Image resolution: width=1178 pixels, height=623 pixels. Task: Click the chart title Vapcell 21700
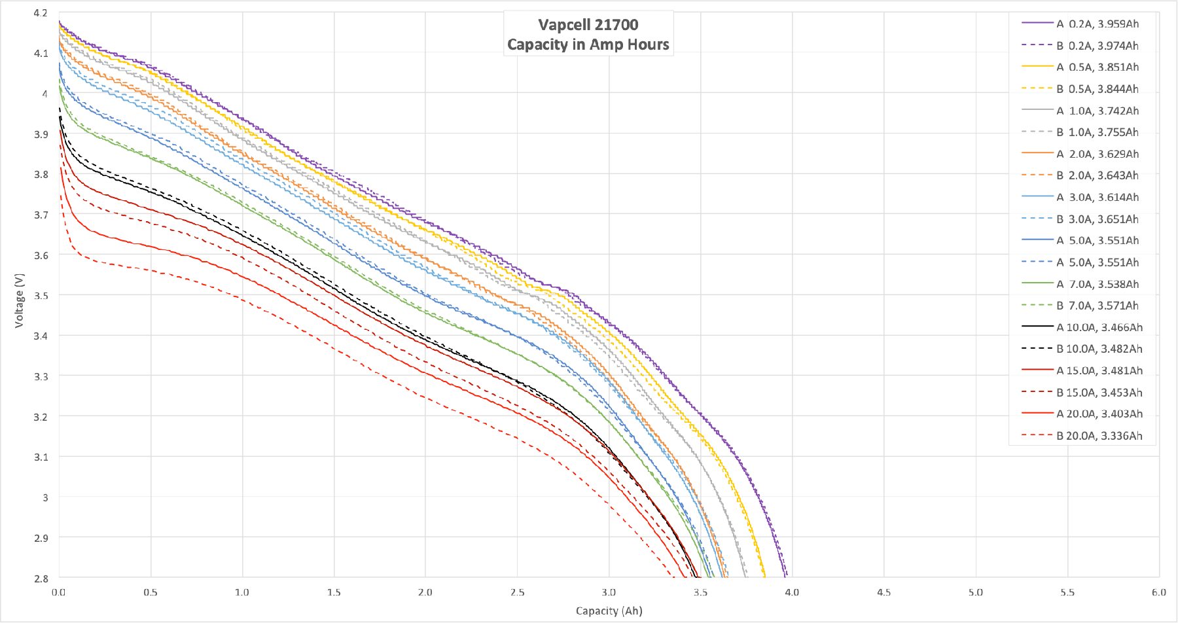588,25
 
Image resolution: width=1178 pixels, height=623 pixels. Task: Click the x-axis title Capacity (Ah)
609,611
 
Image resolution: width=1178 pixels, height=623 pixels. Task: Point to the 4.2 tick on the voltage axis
41,13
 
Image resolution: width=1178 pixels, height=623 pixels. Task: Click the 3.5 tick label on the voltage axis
41,296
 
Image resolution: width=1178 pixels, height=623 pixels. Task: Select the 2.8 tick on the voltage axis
41,578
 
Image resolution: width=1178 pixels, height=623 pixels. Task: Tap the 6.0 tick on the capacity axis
1158,592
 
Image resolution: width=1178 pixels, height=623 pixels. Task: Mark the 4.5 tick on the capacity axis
884,592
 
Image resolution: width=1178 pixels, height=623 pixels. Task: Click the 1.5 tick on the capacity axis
334,592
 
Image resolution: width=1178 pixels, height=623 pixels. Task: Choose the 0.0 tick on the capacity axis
59,592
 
